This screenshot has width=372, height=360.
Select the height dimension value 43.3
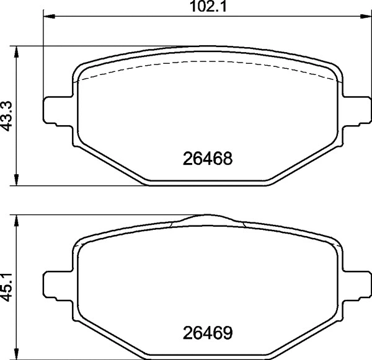point(7,115)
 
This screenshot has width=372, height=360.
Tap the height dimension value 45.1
point(7,286)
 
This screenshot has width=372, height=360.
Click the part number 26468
point(208,159)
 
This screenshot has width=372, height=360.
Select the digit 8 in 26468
point(228,159)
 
